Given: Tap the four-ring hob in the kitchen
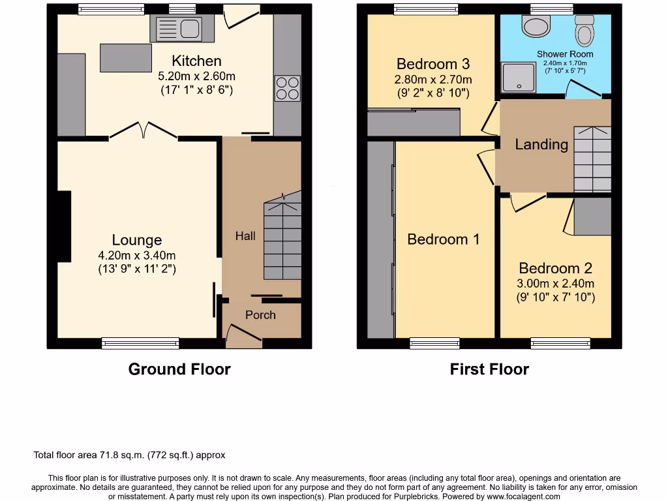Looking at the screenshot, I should coord(288,88).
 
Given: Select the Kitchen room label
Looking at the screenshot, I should coord(197,61).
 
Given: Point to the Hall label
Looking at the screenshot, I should coord(245,236).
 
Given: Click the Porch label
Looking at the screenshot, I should coord(260,315).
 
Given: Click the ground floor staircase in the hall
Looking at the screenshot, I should coord(282,241).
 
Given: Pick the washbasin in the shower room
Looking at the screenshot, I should coord(537,27).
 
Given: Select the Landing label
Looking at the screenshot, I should coord(541,144).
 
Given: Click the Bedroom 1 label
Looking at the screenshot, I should coord(443,239).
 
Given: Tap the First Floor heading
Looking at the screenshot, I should coord(489,369).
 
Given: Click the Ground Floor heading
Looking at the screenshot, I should coord(179,369).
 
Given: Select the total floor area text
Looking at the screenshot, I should coord(129,455).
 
